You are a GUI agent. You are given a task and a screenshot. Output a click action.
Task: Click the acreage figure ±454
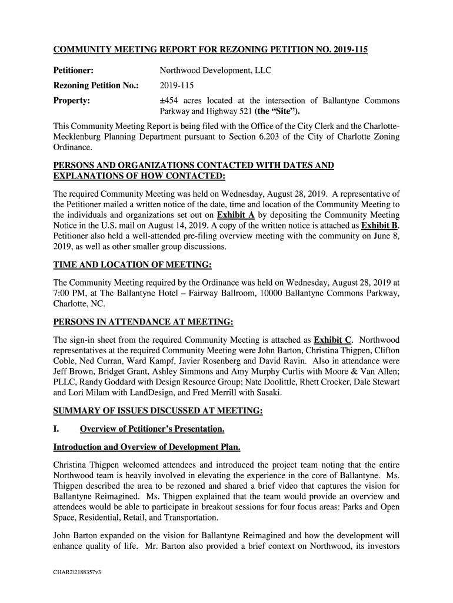(x=171, y=101)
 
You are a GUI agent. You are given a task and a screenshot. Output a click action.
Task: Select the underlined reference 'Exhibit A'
(x=235, y=214)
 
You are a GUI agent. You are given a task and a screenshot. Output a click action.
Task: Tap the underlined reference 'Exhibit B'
(x=379, y=226)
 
